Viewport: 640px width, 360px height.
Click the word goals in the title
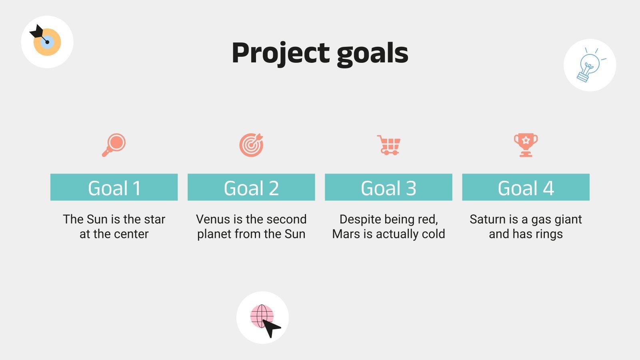(372, 53)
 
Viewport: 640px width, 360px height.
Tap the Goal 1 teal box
(114, 187)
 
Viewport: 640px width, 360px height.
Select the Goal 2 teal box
(251, 187)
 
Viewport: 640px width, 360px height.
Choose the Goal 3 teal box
(388, 187)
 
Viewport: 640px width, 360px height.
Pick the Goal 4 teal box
(526, 187)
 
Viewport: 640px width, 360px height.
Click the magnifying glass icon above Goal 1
(114, 145)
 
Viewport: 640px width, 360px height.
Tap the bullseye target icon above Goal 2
(251, 145)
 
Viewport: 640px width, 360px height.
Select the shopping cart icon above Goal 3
(388, 145)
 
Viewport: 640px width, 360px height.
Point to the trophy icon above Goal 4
(526, 145)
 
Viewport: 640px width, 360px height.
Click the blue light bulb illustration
(590, 65)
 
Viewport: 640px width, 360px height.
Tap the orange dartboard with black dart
(47, 42)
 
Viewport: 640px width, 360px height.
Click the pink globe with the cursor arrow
(263, 318)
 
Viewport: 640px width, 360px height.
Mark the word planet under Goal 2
(214, 234)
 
